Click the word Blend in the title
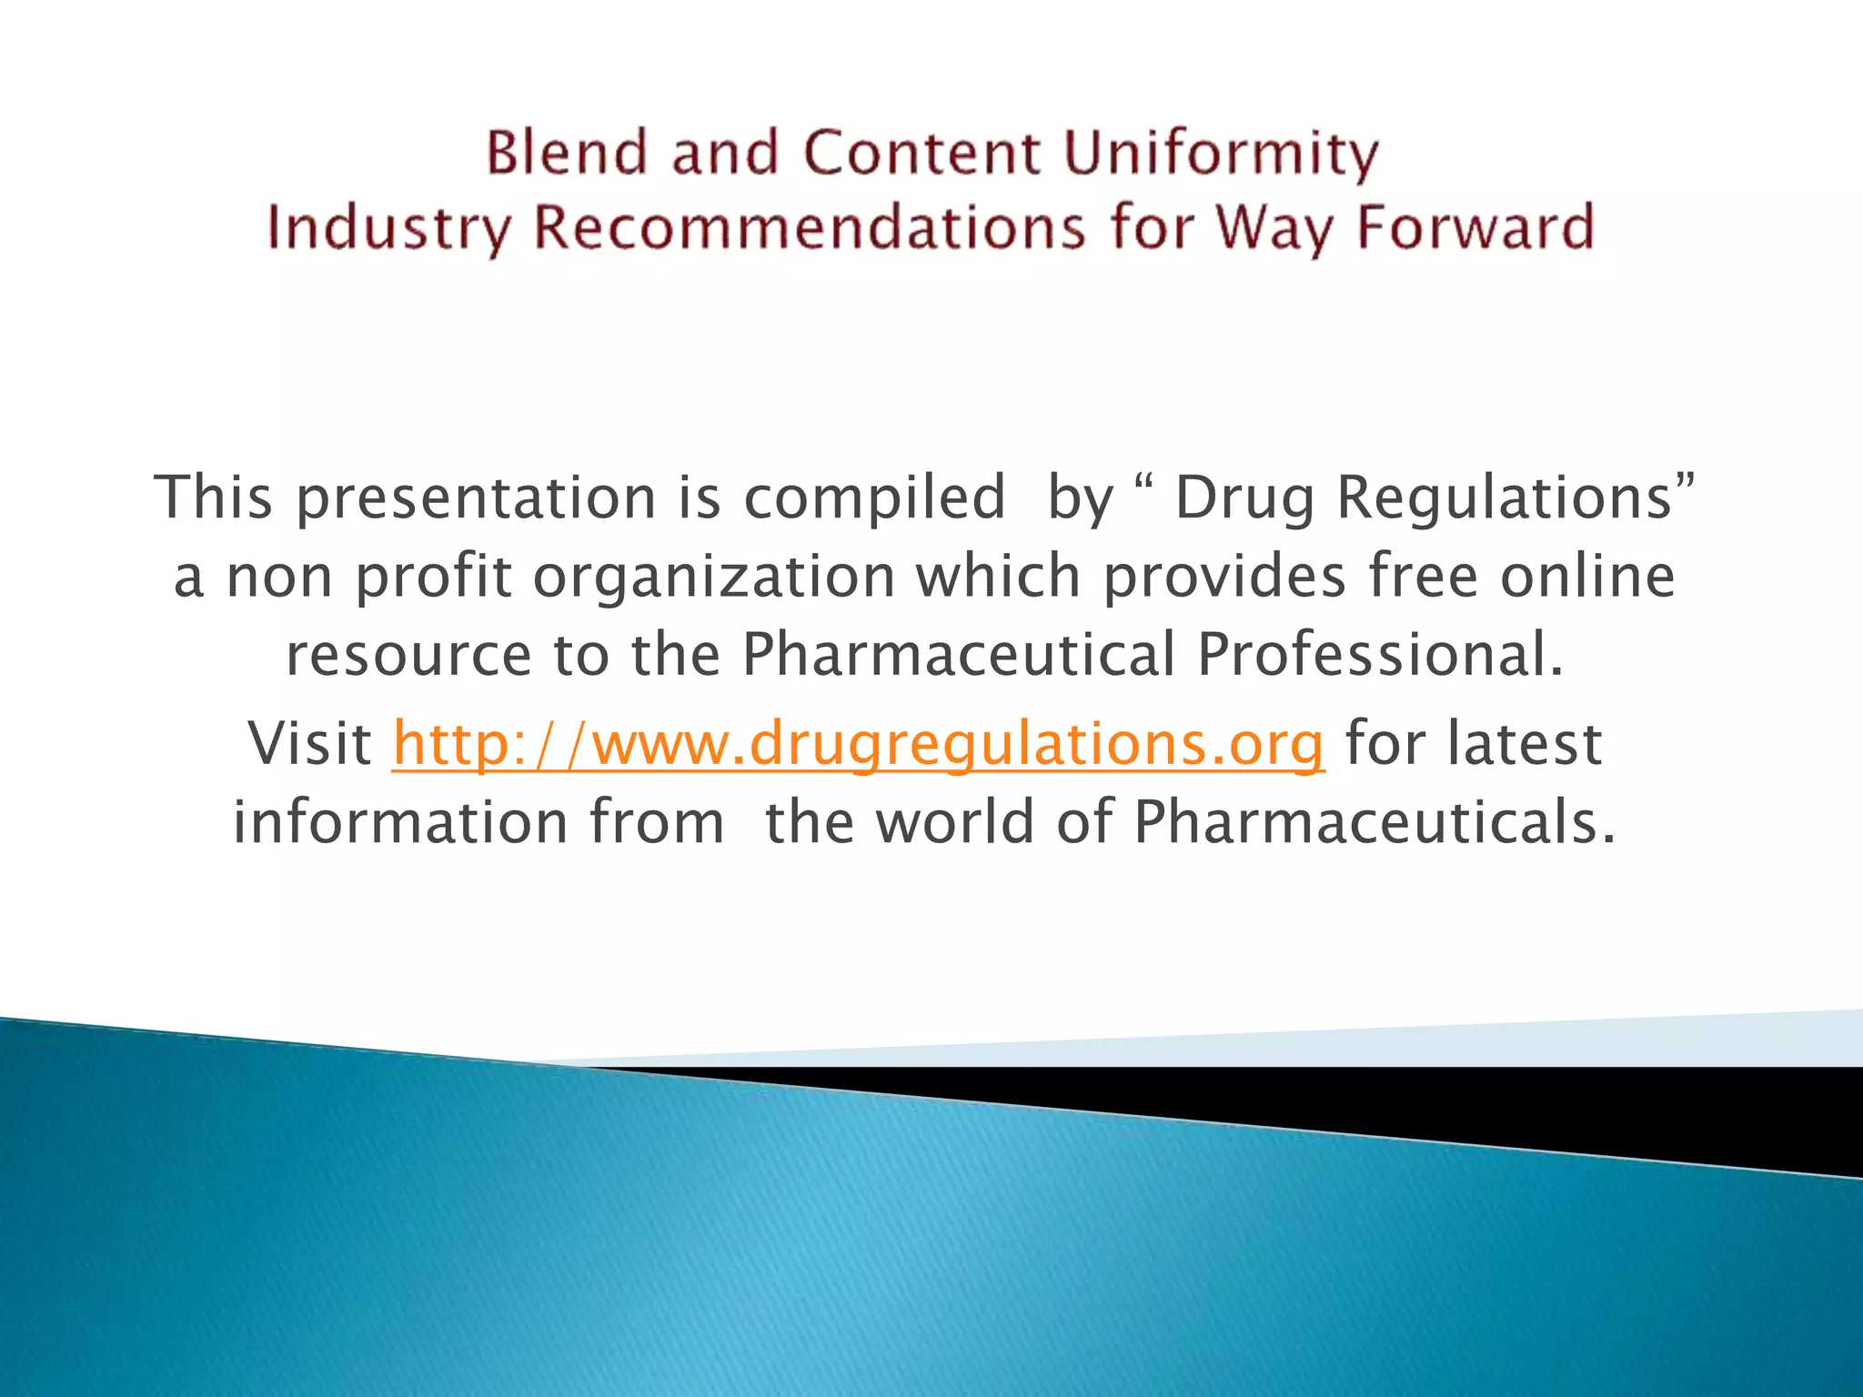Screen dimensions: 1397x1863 tap(567, 152)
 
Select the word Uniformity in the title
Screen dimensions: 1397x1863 tap(1220, 154)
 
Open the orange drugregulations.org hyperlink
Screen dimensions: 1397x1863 tap(858, 744)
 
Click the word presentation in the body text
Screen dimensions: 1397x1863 tap(476, 497)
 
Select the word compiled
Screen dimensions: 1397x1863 tap(874, 497)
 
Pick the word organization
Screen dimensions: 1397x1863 tap(714, 577)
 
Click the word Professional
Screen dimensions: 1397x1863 tap(1379, 655)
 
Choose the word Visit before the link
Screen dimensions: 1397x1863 tap(309, 744)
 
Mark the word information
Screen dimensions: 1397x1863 tap(401, 822)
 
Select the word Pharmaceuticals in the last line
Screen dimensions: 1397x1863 tap(1374, 822)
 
